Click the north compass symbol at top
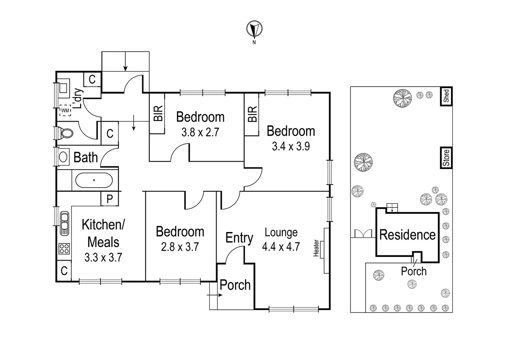(254, 29)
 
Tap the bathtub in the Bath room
(94, 180)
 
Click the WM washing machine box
(65, 110)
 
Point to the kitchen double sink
(64, 223)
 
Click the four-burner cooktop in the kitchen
(64, 248)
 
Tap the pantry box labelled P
(110, 199)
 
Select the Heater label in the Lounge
(316, 248)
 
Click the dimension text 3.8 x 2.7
(200, 132)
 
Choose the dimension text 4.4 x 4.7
(281, 247)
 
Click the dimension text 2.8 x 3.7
(180, 247)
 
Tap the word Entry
(239, 238)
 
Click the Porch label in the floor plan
(235, 285)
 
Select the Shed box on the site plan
(446, 96)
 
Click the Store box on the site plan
(446, 158)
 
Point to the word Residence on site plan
(407, 235)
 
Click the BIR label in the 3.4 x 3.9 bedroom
(252, 114)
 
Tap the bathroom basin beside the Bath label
(63, 157)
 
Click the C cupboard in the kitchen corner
(64, 271)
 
